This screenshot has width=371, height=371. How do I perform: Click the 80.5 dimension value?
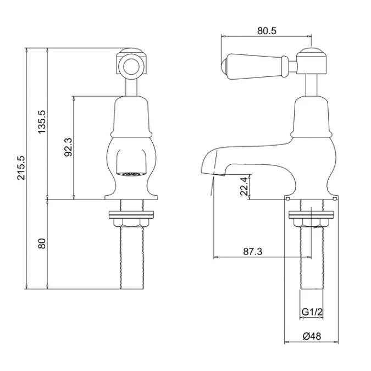pyautogui.click(x=267, y=31)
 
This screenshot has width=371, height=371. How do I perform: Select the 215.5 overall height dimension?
pyautogui.click(x=21, y=168)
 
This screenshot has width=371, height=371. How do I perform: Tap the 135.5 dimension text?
pyautogui.click(x=42, y=122)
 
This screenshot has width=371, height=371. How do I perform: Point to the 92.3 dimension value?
pyautogui.click(x=69, y=147)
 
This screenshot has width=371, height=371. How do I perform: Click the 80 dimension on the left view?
pyautogui.click(x=42, y=243)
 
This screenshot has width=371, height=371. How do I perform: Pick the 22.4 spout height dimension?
pyautogui.click(x=245, y=186)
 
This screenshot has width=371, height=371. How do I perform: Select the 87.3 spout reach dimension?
pyautogui.click(x=253, y=252)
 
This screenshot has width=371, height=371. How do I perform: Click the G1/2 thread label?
pyautogui.click(x=312, y=312)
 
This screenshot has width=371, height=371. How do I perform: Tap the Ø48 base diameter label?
pyautogui.click(x=312, y=336)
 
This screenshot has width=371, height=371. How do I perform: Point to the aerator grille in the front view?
pyautogui.click(x=131, y=174)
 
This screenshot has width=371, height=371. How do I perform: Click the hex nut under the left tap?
pyautogui.click(x=131, y=223)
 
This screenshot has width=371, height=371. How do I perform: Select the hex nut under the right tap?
pyautogui.click(x=312, y=223)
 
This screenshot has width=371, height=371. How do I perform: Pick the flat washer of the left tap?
pyautogui.click(x=131, y=214)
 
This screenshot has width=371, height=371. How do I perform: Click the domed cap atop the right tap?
pyautogui.click(x=312, y=51)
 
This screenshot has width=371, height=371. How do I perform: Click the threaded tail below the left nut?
pyautogui.click(x=132, y=258)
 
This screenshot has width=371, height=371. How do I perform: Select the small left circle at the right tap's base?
pyautogui.click(x=287, y=199)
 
